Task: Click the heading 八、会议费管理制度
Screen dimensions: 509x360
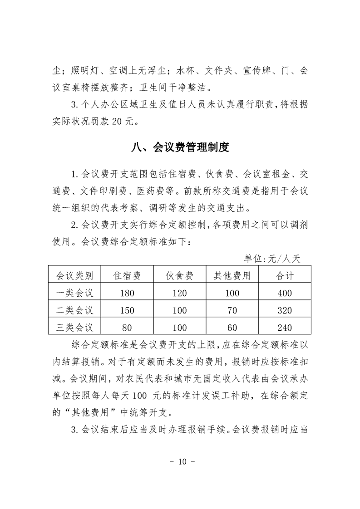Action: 180,147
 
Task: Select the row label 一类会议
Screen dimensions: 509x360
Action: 74,293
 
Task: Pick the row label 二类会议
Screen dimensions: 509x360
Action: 74,310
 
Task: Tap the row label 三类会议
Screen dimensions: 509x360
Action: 74,327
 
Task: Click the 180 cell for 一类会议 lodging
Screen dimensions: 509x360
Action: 127,294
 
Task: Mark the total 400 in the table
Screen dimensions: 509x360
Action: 285,294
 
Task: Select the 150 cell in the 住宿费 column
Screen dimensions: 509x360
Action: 127,311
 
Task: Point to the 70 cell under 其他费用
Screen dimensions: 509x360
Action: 232,311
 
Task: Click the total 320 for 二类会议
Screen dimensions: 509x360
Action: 285,311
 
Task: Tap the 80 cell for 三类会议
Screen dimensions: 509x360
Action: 127,328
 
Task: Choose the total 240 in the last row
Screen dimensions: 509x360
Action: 285,328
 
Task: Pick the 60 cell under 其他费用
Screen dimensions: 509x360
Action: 232,328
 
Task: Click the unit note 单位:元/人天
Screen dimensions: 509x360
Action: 272,259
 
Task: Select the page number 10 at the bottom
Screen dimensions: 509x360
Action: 180,462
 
